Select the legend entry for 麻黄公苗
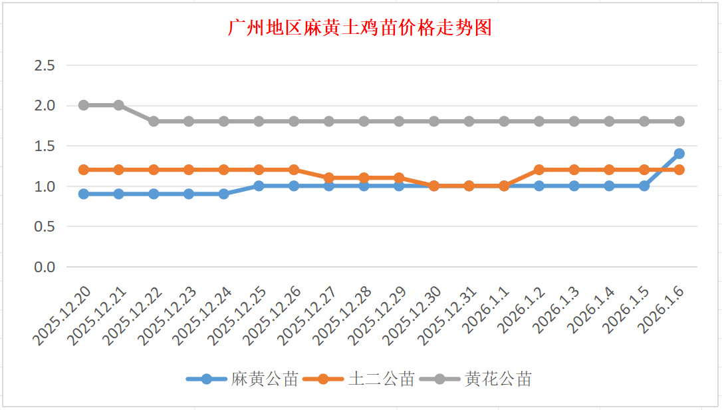(265, 379)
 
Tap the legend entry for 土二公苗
(382, 379)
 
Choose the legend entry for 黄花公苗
(499, 379)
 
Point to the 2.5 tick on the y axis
(45, 65)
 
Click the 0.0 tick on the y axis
(45, 267)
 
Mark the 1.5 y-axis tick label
(45, 146)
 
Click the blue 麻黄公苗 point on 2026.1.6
(679, 154)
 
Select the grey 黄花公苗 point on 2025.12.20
(83, 105)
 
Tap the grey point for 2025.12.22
(154, 121)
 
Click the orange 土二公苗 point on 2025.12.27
(328, 178)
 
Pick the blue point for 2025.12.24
(223, 194)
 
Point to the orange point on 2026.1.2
(539, 170)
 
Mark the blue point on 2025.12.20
(83, 194)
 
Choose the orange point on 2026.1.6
(679, 170)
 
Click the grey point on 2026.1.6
(679, 121)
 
